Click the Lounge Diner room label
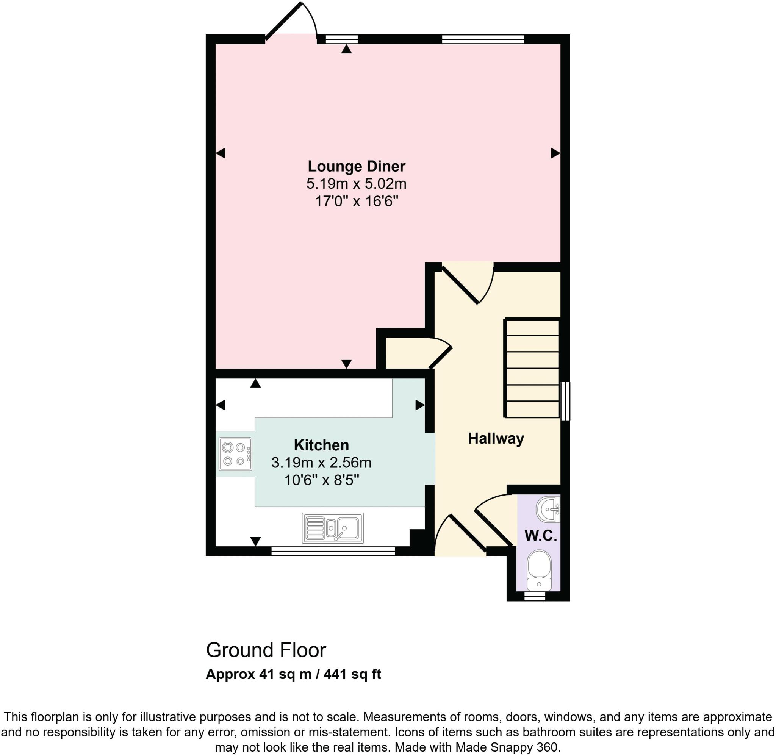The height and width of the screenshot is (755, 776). [356, 166]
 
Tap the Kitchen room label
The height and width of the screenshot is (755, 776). [321, 445]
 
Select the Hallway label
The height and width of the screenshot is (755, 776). [496, 438]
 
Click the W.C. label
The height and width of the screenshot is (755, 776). [540, 536]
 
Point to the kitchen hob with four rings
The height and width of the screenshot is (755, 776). [235, 453]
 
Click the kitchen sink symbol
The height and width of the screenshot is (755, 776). [333, 528]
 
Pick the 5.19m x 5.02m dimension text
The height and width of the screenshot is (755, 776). [356, 184]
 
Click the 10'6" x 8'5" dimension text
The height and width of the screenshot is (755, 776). [321, 480]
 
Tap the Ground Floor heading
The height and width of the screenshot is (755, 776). [266, 650]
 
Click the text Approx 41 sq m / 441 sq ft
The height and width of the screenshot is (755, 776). [293, 675]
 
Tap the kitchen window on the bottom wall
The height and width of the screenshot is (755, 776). [333, 551]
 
